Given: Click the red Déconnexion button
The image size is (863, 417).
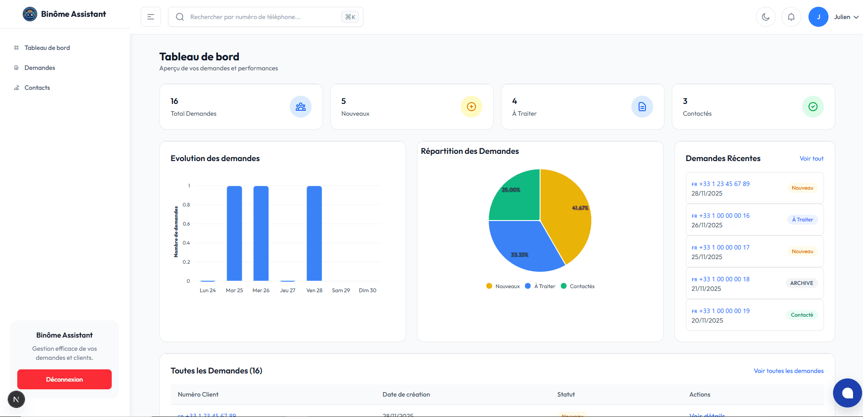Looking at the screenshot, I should click(64, 379).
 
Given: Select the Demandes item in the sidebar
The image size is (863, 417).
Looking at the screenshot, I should click(40, 68).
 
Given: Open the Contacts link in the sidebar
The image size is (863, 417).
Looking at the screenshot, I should click(37, 88).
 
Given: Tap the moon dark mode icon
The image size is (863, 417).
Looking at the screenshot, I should click(765, 17).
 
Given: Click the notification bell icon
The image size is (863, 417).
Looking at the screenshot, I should click(791, 17).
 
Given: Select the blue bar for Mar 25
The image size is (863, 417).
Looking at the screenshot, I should click(234, 234).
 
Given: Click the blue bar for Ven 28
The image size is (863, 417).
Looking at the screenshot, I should click(314, 234).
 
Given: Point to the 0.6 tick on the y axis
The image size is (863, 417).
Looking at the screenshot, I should click(186, 224).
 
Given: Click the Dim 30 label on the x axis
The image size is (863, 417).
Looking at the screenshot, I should click(367, 290).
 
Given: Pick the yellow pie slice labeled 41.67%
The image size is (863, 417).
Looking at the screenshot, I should click(568, 213).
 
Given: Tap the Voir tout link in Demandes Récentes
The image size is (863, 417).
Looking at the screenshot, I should click(811, 158).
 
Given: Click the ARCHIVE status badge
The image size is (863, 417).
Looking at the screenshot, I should click(801, 283).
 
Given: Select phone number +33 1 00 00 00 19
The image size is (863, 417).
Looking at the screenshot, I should click(724, 311).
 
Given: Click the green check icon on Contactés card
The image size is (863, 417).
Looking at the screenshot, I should click(813, 107).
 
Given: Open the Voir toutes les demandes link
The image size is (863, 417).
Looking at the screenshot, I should click(789, 371).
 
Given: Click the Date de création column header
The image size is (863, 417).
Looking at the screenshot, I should click(406, 394).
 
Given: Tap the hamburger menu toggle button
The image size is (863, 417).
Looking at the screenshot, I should click(151, 17).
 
